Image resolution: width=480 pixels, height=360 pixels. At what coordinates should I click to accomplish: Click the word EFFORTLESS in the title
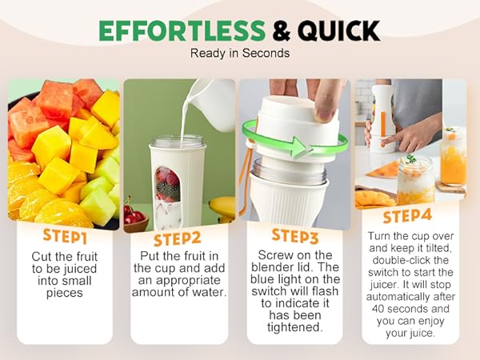181,30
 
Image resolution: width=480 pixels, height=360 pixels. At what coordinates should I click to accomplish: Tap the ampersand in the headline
281,30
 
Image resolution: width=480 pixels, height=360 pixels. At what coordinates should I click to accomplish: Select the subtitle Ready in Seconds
239,54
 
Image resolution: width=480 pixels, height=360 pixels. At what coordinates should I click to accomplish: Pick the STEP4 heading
408,216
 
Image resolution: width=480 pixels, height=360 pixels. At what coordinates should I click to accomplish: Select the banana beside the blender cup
222,208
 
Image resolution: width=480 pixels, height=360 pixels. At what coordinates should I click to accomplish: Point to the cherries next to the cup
133,213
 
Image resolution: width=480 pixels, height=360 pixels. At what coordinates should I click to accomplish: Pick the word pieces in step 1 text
62,293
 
